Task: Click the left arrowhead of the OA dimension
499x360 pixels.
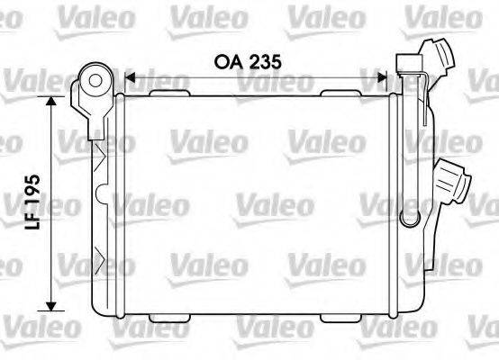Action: (128, 78)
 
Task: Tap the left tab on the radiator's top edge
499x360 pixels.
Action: (167, 91)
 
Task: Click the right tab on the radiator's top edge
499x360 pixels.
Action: (342, 91)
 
